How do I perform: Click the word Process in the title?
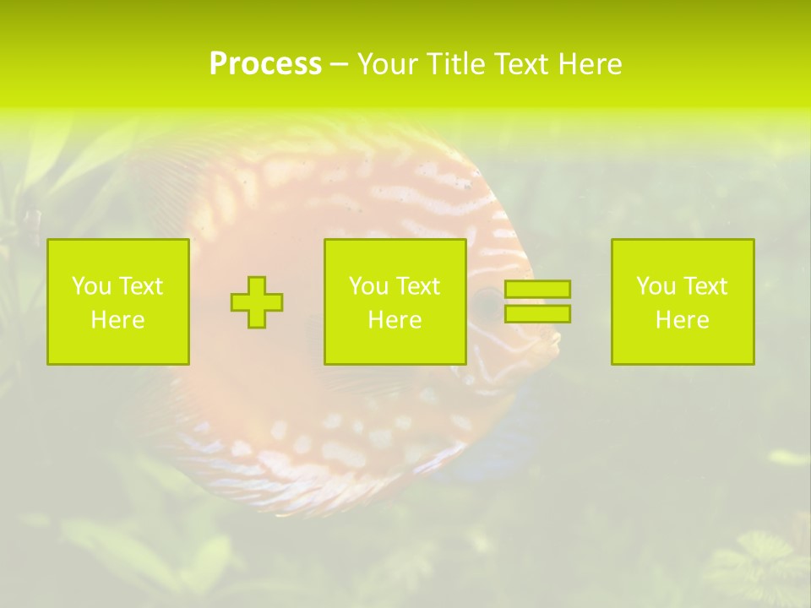tap(265, 64)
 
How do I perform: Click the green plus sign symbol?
tap(257, 302)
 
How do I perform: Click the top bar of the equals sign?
tap(537, 290)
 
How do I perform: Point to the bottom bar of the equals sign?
tap(537, 313)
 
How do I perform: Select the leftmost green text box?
tap(118, 302)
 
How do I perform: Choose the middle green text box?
tap(395, 302)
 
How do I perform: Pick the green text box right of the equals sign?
tap(683, 302)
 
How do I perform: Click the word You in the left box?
tap(91, 286)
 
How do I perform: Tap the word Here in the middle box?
tap(395, 320)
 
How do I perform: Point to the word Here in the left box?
tap(118, 320)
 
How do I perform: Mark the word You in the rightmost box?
tap(656, 286)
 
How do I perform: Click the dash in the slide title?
tap(339, 64)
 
